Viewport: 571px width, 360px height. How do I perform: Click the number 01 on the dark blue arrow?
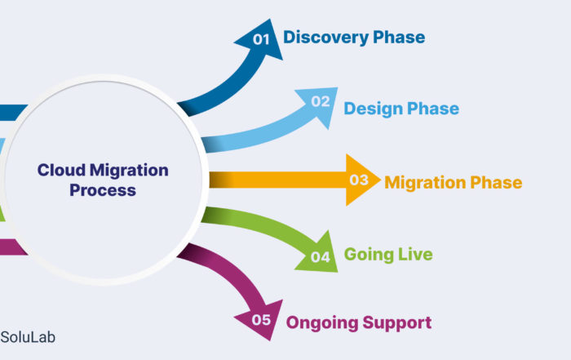pyautogui.click(x=261, y=39)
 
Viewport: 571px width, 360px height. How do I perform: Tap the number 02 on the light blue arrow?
pyautogui.click(x=321, y=101)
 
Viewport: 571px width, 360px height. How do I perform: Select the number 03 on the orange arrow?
pyautogui.click(x=359, y=180)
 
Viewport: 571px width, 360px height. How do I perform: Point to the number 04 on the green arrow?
pyautogui.click(x=321, y=257)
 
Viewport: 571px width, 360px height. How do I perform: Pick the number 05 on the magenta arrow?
pyautogui.click(x=261, y=320)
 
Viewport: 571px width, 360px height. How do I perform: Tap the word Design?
pyautogui.click(x=373, y=109)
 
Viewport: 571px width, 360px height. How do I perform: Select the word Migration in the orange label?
pyautogui.click(x=425, y=182)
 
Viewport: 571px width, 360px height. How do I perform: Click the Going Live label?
pyautogui.click(x=388, y=255)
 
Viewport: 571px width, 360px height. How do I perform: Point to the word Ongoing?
pyautogui.click(x=321, y=323)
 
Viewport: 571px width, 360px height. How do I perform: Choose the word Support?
pyautogui.click(x=397, y=323)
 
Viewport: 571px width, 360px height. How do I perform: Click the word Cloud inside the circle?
pyautogui.click(x=61, y=170)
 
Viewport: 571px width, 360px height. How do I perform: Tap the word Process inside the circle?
pyautogui.click(x=103, y=190)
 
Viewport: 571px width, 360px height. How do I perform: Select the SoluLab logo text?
pyautogui.click(x=28, y=337)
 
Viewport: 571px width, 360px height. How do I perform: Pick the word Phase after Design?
pyautogui.click(x=433, y=109)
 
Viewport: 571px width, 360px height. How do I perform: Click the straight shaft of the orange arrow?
pyautogui.click(x=277, y=180)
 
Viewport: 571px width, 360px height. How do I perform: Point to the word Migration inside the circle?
pyautogui.click(x=129, y=171)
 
